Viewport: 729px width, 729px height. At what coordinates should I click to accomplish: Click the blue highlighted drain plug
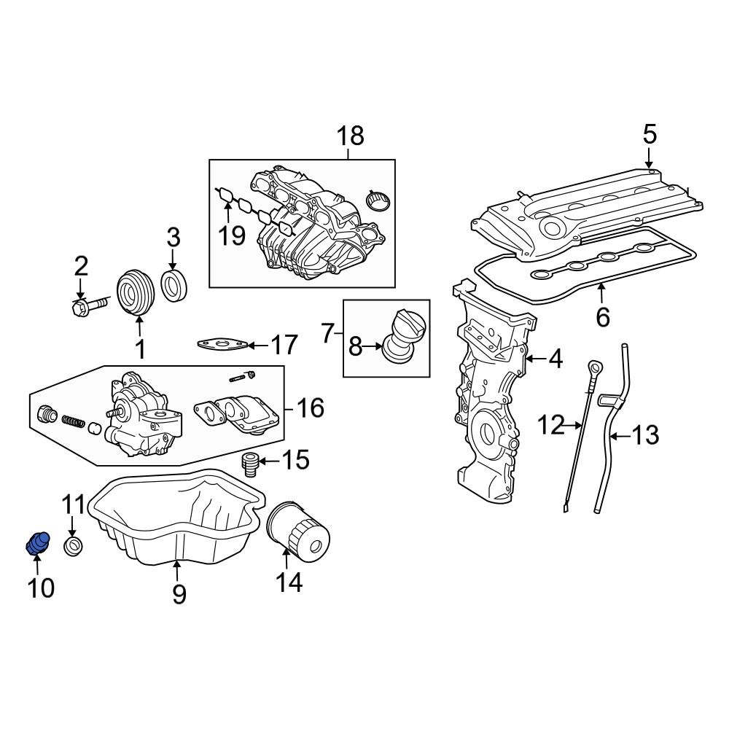click(36, 544)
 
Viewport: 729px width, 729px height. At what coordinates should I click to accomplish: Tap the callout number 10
click(40, 587)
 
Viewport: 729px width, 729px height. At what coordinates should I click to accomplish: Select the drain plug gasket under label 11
click(74, 546)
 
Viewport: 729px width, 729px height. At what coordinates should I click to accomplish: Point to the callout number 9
click(179, 594)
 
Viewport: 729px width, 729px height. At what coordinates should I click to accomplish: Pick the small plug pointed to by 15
click(250, 461)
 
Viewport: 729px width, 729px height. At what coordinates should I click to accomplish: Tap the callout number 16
click(310, 408)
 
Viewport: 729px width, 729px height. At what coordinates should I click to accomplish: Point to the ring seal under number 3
click(175, 285)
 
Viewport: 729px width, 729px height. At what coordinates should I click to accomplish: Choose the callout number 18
click(350, 136)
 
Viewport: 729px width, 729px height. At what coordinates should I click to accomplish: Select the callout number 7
click(328, 335)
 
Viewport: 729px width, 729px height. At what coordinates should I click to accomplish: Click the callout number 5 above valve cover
click(650, 134)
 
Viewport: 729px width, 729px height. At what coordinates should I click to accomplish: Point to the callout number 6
click(603, 316)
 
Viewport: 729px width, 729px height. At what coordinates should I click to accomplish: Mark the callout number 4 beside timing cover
click(555, 359)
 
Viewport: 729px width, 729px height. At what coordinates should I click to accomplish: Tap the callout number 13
click(644, 435)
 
